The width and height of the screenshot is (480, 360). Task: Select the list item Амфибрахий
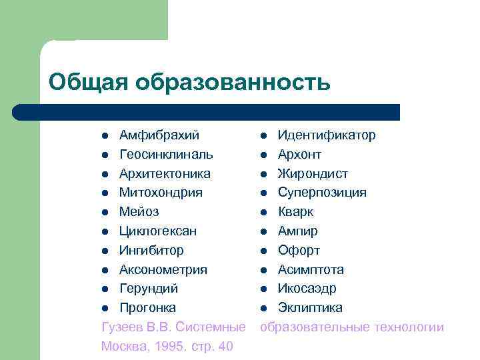159,135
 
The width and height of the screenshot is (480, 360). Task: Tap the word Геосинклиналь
166,155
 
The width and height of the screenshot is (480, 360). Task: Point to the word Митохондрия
161,193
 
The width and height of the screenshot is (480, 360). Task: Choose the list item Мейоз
139,212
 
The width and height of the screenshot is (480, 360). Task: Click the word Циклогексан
157,231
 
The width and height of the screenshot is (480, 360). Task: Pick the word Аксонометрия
163,270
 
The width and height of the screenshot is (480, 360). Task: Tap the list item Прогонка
147,308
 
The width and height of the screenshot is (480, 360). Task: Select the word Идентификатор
327,135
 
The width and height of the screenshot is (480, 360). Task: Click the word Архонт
299,155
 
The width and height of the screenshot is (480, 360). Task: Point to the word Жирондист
313,174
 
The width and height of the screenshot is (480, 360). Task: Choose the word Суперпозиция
322,193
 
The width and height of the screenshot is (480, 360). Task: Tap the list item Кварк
295,212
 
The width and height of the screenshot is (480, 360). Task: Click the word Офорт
299,251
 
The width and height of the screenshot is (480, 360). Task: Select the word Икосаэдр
307,289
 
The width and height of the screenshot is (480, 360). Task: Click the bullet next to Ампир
264,232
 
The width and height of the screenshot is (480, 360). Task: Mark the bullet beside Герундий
105,289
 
